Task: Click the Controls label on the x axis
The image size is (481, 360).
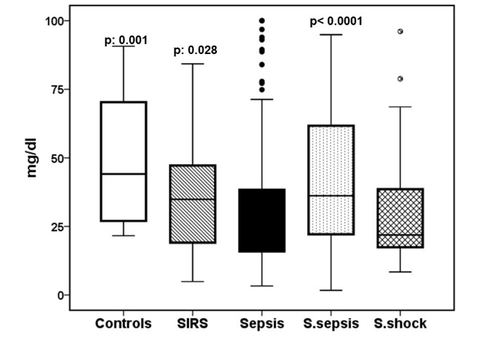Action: click(123, 324)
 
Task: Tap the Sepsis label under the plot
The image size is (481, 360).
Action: click(261, 324)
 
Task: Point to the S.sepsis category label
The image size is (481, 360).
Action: click(331, 324)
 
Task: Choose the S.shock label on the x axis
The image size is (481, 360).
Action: click(400, 324)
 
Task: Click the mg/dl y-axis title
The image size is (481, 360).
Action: click(32, 158)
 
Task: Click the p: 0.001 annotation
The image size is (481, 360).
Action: click(126, 40)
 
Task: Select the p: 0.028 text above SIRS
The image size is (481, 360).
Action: click(195, 51)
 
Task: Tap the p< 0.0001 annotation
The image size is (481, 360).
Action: click(336, 21)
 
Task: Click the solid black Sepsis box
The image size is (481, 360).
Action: click(261, 220)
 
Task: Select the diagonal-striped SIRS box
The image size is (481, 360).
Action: click(192, 204)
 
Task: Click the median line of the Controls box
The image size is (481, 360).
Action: click(123, 173)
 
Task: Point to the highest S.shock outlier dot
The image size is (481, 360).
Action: click(400, 32)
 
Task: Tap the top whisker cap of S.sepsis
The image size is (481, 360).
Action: click(331, 34)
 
